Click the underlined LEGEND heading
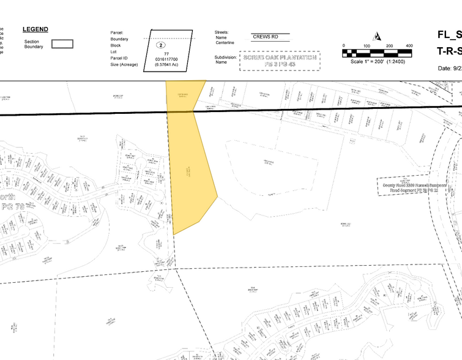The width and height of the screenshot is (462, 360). coord(35,29)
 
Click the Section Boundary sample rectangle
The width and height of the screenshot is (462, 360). coord(62,44)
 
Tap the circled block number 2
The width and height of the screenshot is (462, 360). coord(161,45)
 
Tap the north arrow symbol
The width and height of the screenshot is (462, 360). coord(377,36)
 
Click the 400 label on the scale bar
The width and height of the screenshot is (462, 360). coord(409,46)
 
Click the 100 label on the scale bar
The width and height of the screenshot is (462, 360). coord(366,46)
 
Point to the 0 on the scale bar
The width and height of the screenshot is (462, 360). coord(344,46)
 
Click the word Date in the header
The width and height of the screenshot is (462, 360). coord(445,68)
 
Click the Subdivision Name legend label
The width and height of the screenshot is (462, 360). coord(225,59)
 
